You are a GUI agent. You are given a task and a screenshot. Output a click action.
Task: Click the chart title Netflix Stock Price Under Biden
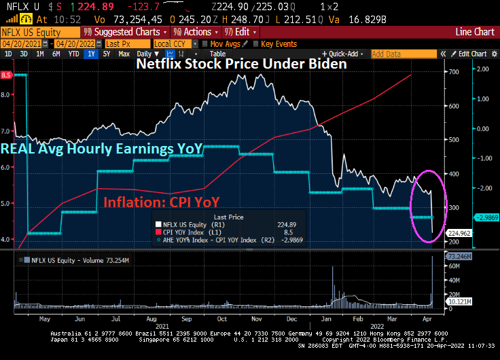click(242, 64)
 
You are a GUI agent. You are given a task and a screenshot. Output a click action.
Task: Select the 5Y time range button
click(107, 54)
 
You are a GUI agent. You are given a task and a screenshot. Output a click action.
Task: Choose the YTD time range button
click(72, 54)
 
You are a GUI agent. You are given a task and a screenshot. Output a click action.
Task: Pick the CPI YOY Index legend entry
click(188, 232)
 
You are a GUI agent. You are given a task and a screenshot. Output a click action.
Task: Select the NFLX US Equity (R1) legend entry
click(191, 225)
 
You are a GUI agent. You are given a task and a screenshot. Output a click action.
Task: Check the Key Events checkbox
click(257, 44)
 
